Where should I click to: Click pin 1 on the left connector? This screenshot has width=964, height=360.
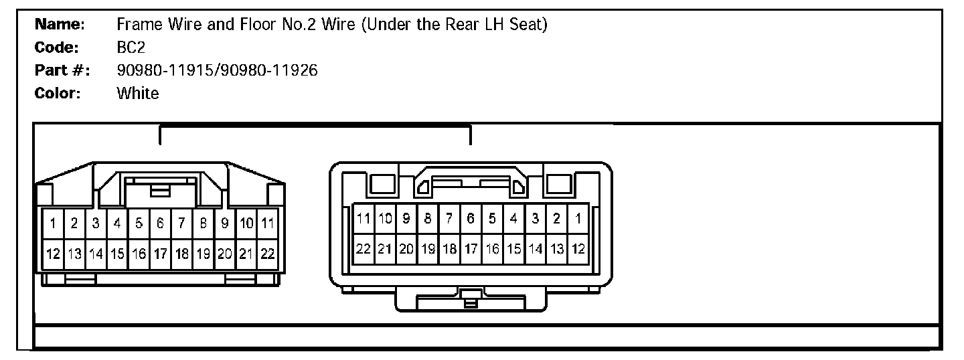point(53,222)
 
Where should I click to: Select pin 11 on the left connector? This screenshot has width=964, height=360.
point(268,222)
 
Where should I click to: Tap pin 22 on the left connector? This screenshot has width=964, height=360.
point(268,254)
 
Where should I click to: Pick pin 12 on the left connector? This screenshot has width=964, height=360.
point(53,254)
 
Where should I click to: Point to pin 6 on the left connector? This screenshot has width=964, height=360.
point(161,222)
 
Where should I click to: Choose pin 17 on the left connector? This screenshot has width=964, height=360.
point(161,254)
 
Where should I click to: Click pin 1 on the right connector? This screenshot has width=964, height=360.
point(578,218)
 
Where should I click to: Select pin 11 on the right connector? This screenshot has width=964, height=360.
point(364,218)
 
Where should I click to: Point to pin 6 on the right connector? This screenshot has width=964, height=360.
point(471,218)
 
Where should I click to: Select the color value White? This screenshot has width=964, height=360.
point(137,93)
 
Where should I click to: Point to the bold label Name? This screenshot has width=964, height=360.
point(59,25)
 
